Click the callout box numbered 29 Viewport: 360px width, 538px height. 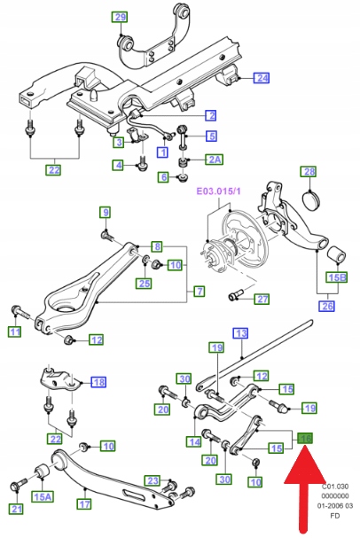tap(120, 17)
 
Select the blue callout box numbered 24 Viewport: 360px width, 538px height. tap(262, 78)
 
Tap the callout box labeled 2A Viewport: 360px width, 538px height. tap(215, 160)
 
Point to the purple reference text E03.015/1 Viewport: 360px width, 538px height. tap(218, 191)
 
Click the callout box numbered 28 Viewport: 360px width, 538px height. tap(309, 172)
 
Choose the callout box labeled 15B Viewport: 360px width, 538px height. tap(337, 277)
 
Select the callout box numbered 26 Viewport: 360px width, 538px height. tap(326, 306)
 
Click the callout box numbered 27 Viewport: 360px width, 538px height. tap(262, 299)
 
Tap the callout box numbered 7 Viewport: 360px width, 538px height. tap(200, 292)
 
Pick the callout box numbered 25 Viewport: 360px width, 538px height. tap(145, 283)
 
